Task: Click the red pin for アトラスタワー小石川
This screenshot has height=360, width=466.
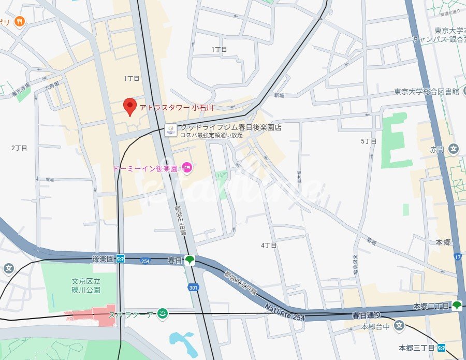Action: coord(130,107)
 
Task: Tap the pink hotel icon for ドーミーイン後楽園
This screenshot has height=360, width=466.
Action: coord(187,168)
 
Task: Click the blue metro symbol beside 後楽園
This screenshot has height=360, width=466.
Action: coord(120,258)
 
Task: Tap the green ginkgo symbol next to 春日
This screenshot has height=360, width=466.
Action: coord(190,260)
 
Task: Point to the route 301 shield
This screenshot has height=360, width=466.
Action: coord(193,287)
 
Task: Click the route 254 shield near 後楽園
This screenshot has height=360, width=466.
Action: coord(145,261)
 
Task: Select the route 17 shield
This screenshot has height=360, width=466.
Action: coord(458,256)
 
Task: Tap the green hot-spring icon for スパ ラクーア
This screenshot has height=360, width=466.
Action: coord(162,313)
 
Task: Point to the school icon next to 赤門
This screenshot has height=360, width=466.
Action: coord(454,150)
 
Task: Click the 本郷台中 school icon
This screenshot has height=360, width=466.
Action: coord(399,326)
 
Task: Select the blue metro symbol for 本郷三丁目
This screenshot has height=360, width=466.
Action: coord(441,348)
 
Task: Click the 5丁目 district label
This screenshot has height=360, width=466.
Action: coord(368,141)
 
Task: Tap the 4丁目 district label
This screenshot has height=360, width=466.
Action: coord(269,245)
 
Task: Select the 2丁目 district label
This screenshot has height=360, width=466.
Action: coord(19,148)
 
